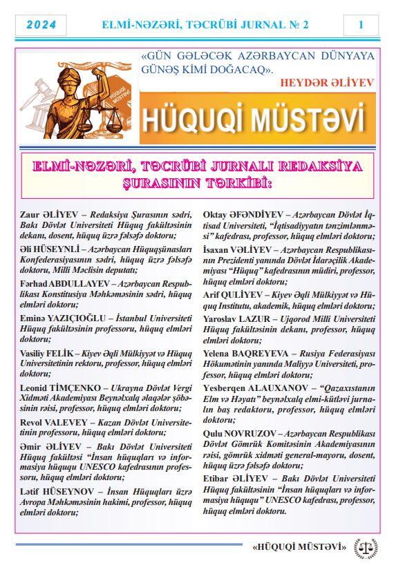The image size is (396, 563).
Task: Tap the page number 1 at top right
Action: click(361, 25)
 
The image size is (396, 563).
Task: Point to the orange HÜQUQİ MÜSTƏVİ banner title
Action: click(252, 120)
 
